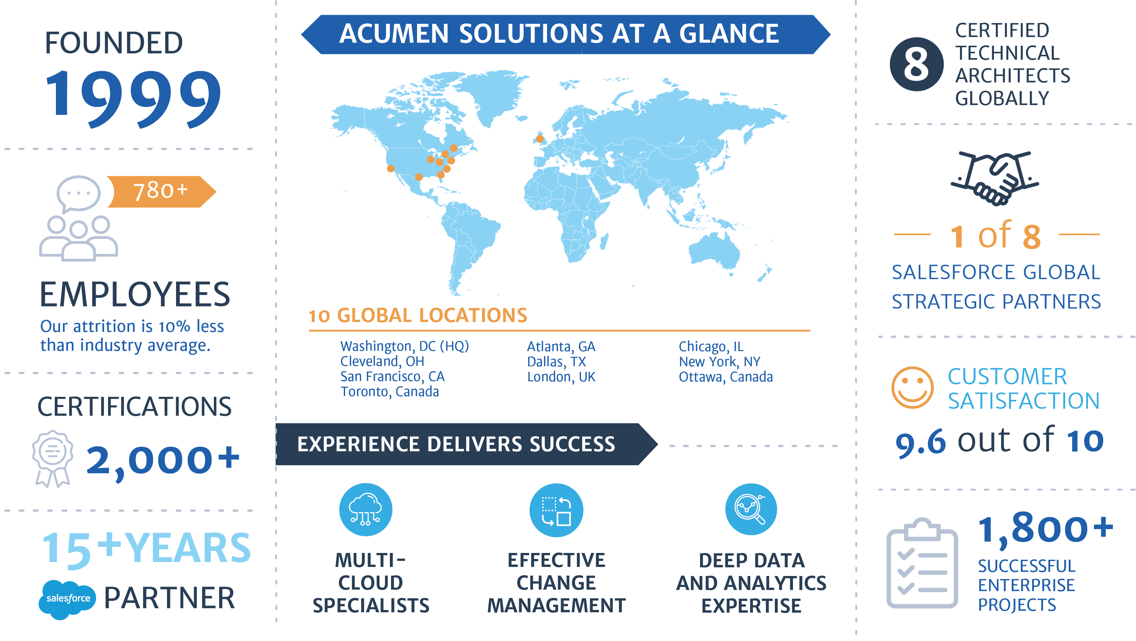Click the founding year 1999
point(133,98)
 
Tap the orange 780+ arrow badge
point(161,192)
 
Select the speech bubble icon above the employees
point(79,193)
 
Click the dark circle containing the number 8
point(917,64)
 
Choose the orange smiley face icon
point(912,387)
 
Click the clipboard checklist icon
point(922,564)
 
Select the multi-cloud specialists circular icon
point(366,510)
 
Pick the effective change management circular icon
point(556,510)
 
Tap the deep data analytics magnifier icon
point(751,509)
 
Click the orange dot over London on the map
point(540,139)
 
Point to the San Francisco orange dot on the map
point(390,168)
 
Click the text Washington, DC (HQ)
point(404,346)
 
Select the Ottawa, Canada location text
point(725,377)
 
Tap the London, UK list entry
point(561,377)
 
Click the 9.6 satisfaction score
point(920,442)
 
